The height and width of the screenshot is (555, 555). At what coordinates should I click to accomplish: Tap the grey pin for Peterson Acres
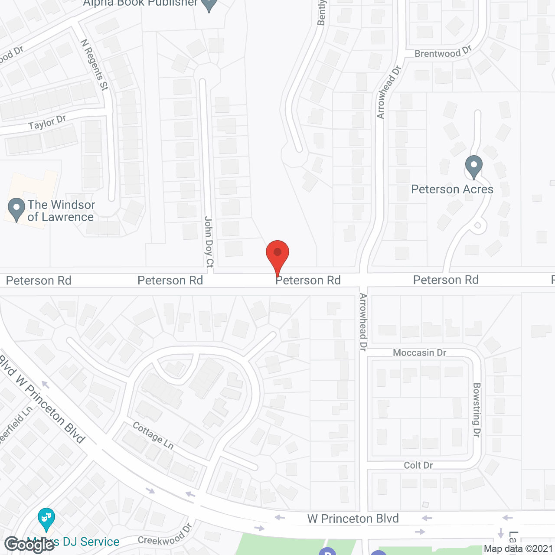pos(473,166)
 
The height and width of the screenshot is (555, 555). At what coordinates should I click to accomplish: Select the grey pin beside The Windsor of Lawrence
pos(16,209)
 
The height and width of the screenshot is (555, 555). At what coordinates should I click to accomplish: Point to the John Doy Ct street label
pos(209,242)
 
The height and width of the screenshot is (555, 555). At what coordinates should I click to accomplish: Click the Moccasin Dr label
pos(419,353)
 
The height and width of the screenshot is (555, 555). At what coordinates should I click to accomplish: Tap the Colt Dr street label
pos(418,465)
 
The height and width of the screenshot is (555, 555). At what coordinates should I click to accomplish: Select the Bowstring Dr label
pos(477,410)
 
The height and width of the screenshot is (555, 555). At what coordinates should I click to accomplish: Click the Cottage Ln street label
pos(153,435)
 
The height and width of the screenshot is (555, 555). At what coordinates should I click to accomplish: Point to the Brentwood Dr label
pos(443,52)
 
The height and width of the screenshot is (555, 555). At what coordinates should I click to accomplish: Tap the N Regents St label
pos(94,65)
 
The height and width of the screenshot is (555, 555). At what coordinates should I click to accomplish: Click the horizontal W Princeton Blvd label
pos(353,519)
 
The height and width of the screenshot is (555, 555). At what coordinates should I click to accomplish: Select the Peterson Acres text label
pos(452,189)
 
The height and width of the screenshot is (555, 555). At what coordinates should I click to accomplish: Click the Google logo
pos(29,545)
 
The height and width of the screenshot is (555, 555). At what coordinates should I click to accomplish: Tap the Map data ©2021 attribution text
pos(519,549)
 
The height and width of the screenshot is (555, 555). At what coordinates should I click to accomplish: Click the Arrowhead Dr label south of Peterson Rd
pos(363,322)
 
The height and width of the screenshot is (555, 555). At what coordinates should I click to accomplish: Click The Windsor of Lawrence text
pos(61,211)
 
